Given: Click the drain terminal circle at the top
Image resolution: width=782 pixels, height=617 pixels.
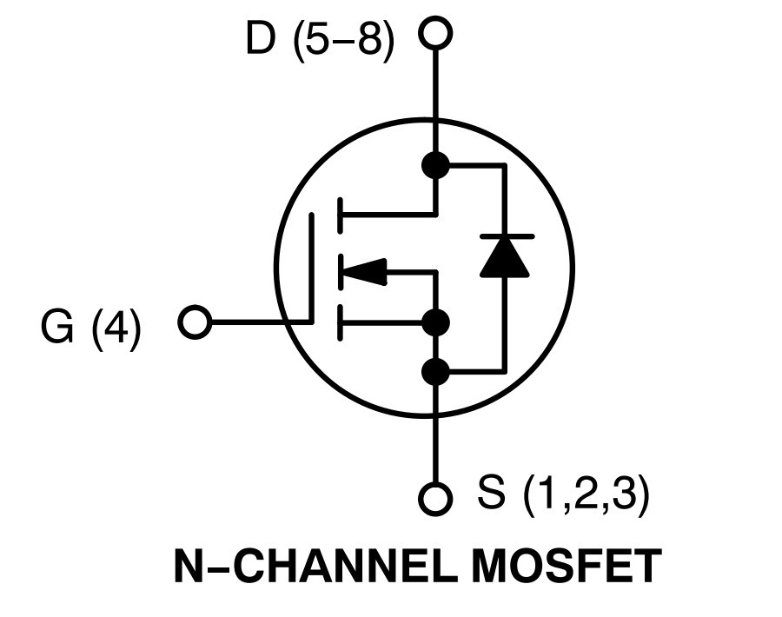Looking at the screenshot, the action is [x=435, y=33].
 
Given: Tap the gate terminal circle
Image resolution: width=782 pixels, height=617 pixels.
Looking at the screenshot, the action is [x=195, y=322].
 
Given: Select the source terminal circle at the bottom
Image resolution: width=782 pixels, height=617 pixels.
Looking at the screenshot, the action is [x=435, y=498].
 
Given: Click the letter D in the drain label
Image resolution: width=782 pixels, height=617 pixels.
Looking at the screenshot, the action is [x=261, y=38].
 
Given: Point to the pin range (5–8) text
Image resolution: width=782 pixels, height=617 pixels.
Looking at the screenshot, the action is [x=344, y=41].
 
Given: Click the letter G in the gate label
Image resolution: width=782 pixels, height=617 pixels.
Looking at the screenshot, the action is [x=57, y=328].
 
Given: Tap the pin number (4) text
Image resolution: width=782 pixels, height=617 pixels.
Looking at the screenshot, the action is [x=116, y=329].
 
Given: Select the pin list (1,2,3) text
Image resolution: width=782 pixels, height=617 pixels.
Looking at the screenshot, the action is [x=586, y=494].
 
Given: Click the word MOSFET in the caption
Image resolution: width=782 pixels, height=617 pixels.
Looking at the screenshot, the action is [x=567, y=566].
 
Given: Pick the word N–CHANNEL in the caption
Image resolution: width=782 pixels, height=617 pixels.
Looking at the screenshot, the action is [x=315, y=566].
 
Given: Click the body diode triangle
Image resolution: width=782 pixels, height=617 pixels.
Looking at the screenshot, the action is [x=505, y=255].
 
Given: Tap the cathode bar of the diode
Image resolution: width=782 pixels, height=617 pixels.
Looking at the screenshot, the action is [x=507, y=236].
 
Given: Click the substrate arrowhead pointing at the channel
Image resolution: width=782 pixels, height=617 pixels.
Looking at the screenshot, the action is [x=363, y=272].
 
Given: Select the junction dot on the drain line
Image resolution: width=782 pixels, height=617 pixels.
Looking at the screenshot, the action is [x=435, y=164].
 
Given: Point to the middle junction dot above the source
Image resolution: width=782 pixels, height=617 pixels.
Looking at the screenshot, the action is [x=435, y=322].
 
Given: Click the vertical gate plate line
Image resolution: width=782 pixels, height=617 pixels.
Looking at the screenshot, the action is [x=312, y=268].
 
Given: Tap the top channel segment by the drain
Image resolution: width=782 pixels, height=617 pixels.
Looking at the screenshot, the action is [x=340, y=216].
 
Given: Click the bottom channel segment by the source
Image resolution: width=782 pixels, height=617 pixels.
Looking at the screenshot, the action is [x=340, y=322].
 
